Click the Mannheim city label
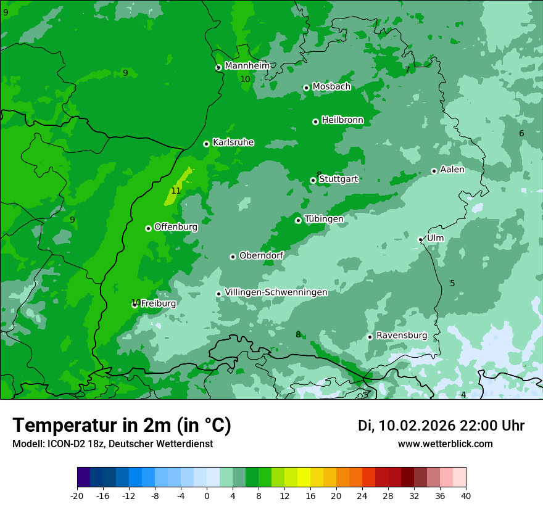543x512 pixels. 247,65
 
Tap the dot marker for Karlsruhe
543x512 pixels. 206,144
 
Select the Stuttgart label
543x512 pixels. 338,179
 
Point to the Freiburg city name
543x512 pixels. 158,303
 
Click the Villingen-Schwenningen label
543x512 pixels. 276,292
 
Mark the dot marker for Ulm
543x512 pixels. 421,239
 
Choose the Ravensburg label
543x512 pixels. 401,335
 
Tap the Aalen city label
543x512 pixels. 452,170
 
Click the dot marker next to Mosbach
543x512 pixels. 306,88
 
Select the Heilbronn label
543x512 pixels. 342,120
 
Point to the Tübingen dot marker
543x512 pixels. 298,220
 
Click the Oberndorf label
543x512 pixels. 261,255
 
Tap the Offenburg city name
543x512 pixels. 175,227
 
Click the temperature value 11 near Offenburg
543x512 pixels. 176,191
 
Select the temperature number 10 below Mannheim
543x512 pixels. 245,79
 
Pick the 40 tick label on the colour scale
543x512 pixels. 465,495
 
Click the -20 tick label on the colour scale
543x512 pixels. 77,495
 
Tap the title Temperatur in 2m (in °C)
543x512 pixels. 122,425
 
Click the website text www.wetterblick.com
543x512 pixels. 445,444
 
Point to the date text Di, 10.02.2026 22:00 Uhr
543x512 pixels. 441,426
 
